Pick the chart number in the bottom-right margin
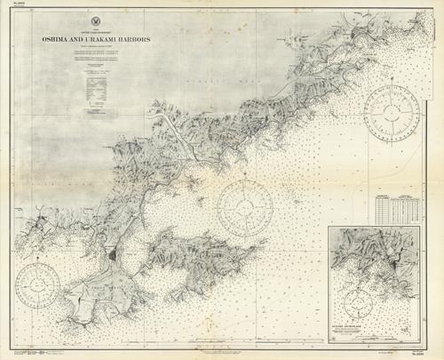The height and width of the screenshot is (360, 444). (x=425, y=353)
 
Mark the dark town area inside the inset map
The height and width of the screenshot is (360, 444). (x=391, y=263)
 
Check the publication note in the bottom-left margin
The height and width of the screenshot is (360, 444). (x=40, y=353)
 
